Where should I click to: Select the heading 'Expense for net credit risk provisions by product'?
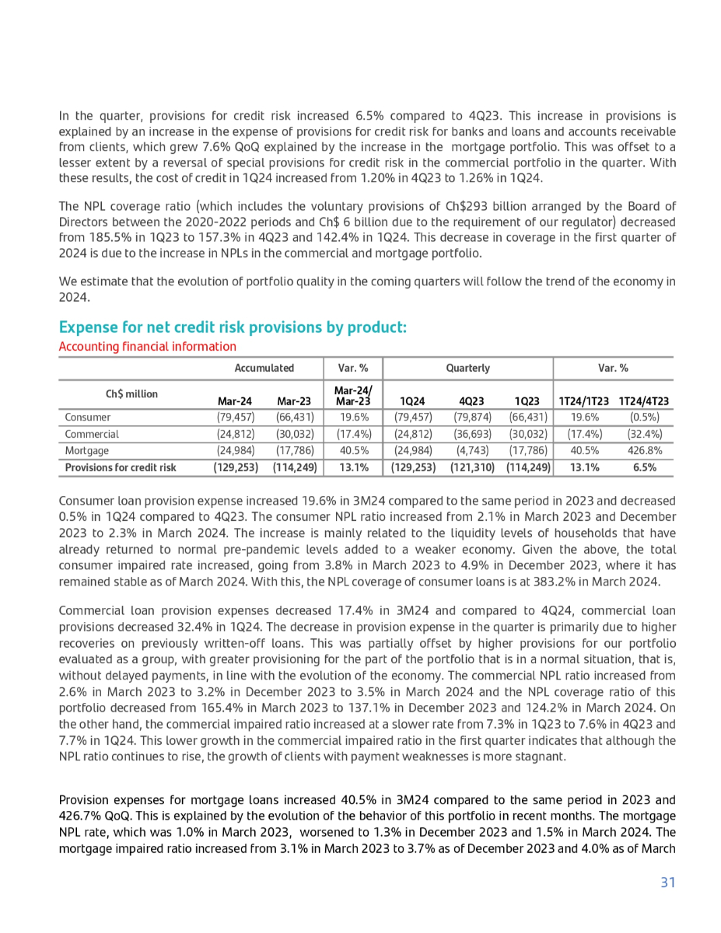point(233,327)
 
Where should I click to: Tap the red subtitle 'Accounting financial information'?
point(147,346)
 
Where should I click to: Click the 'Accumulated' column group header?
point(264,368)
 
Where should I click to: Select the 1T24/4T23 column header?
point(644,401)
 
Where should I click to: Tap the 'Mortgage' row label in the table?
point(86,450)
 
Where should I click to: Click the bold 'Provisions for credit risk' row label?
point(120,467)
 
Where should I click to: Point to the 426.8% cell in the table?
point(644,450)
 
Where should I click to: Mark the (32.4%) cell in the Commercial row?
point(644,434)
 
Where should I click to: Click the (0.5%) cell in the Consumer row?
point(644,417)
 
